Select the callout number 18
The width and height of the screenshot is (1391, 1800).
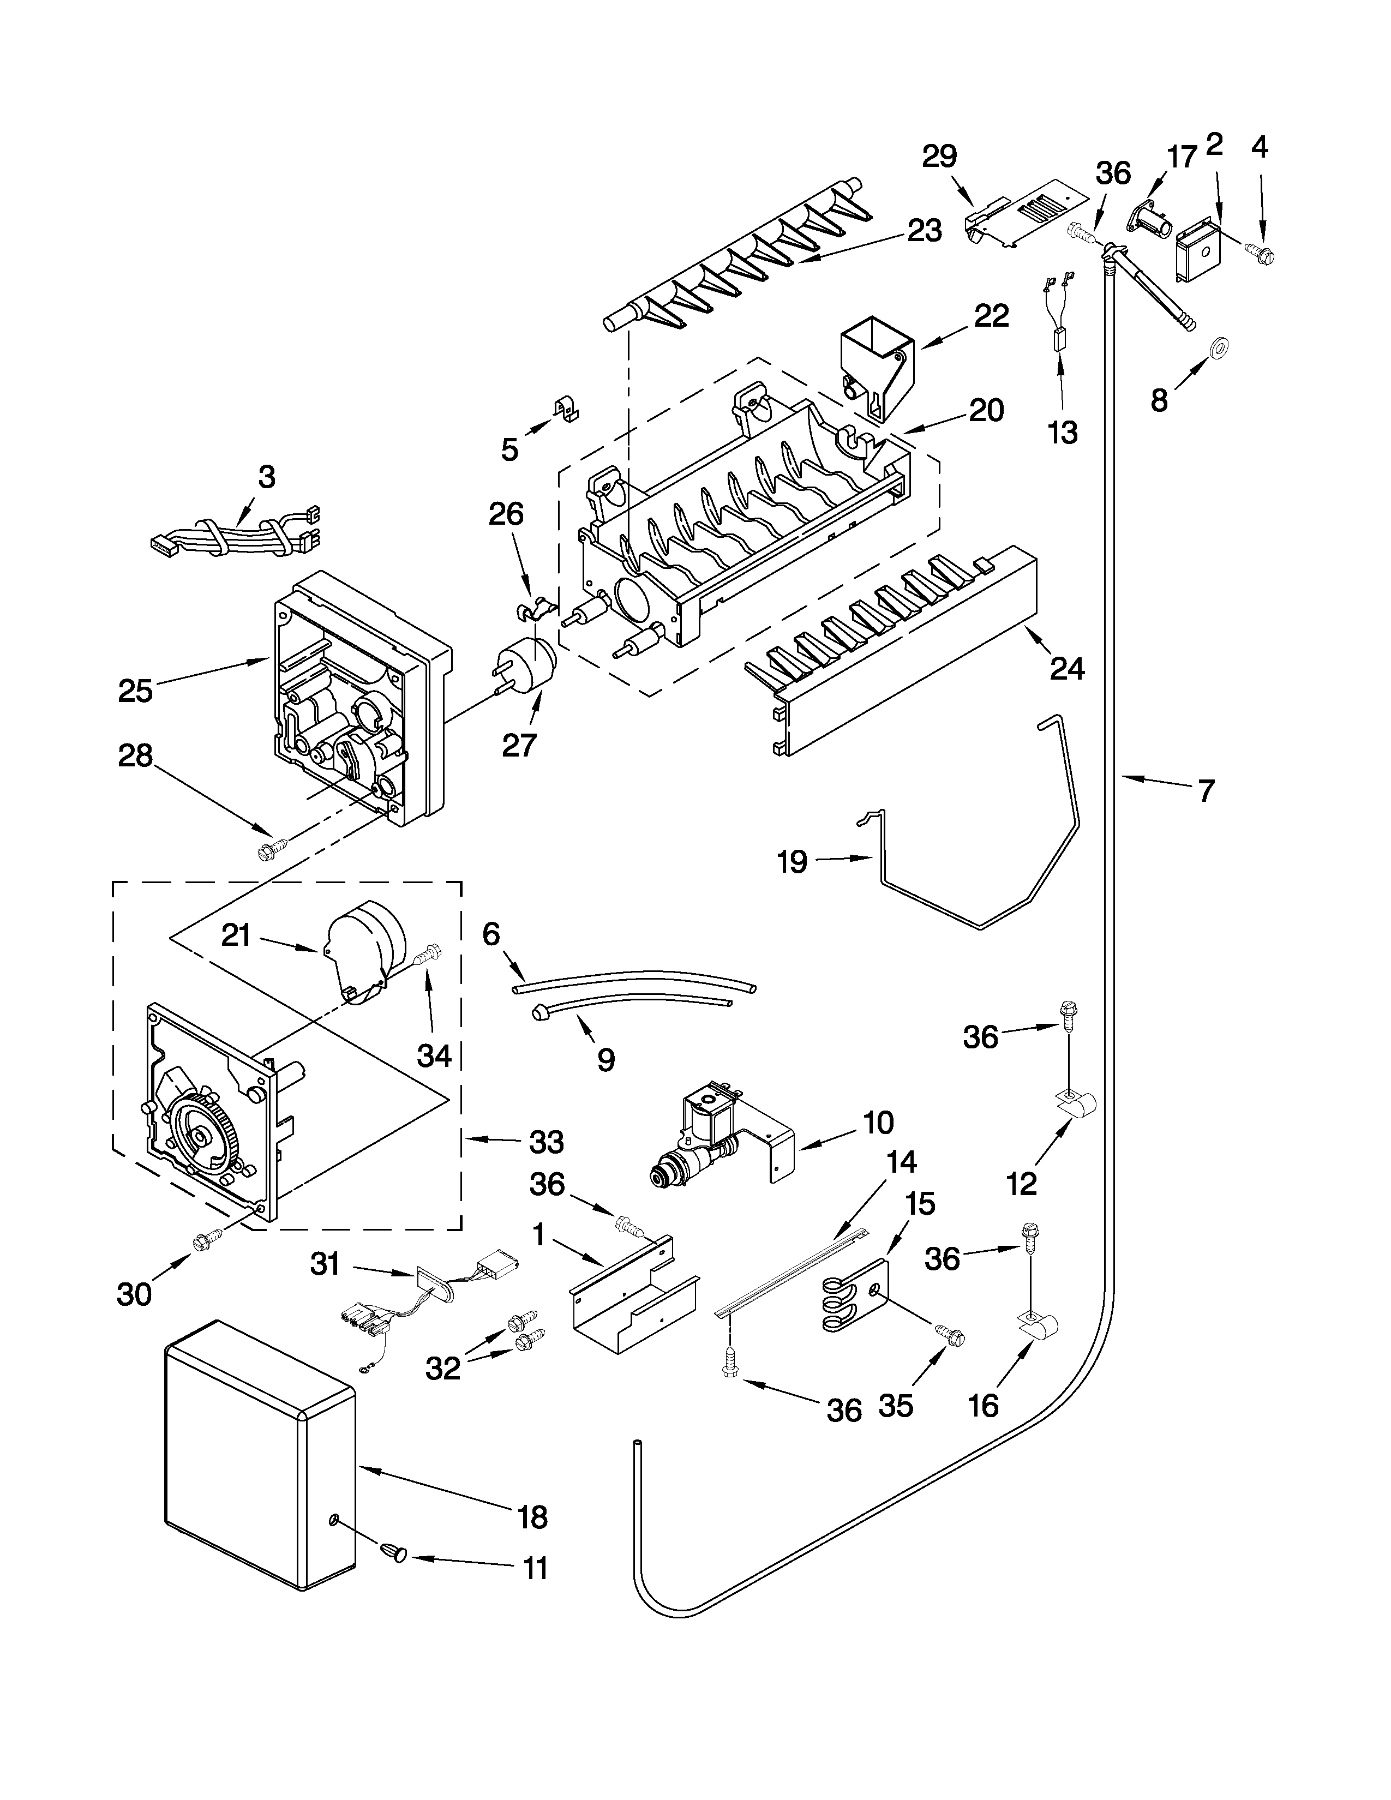coord(533,1516)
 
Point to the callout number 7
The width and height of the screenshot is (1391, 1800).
coord(1206,791)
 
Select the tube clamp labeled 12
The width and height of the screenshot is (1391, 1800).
coord(1075,1105)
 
